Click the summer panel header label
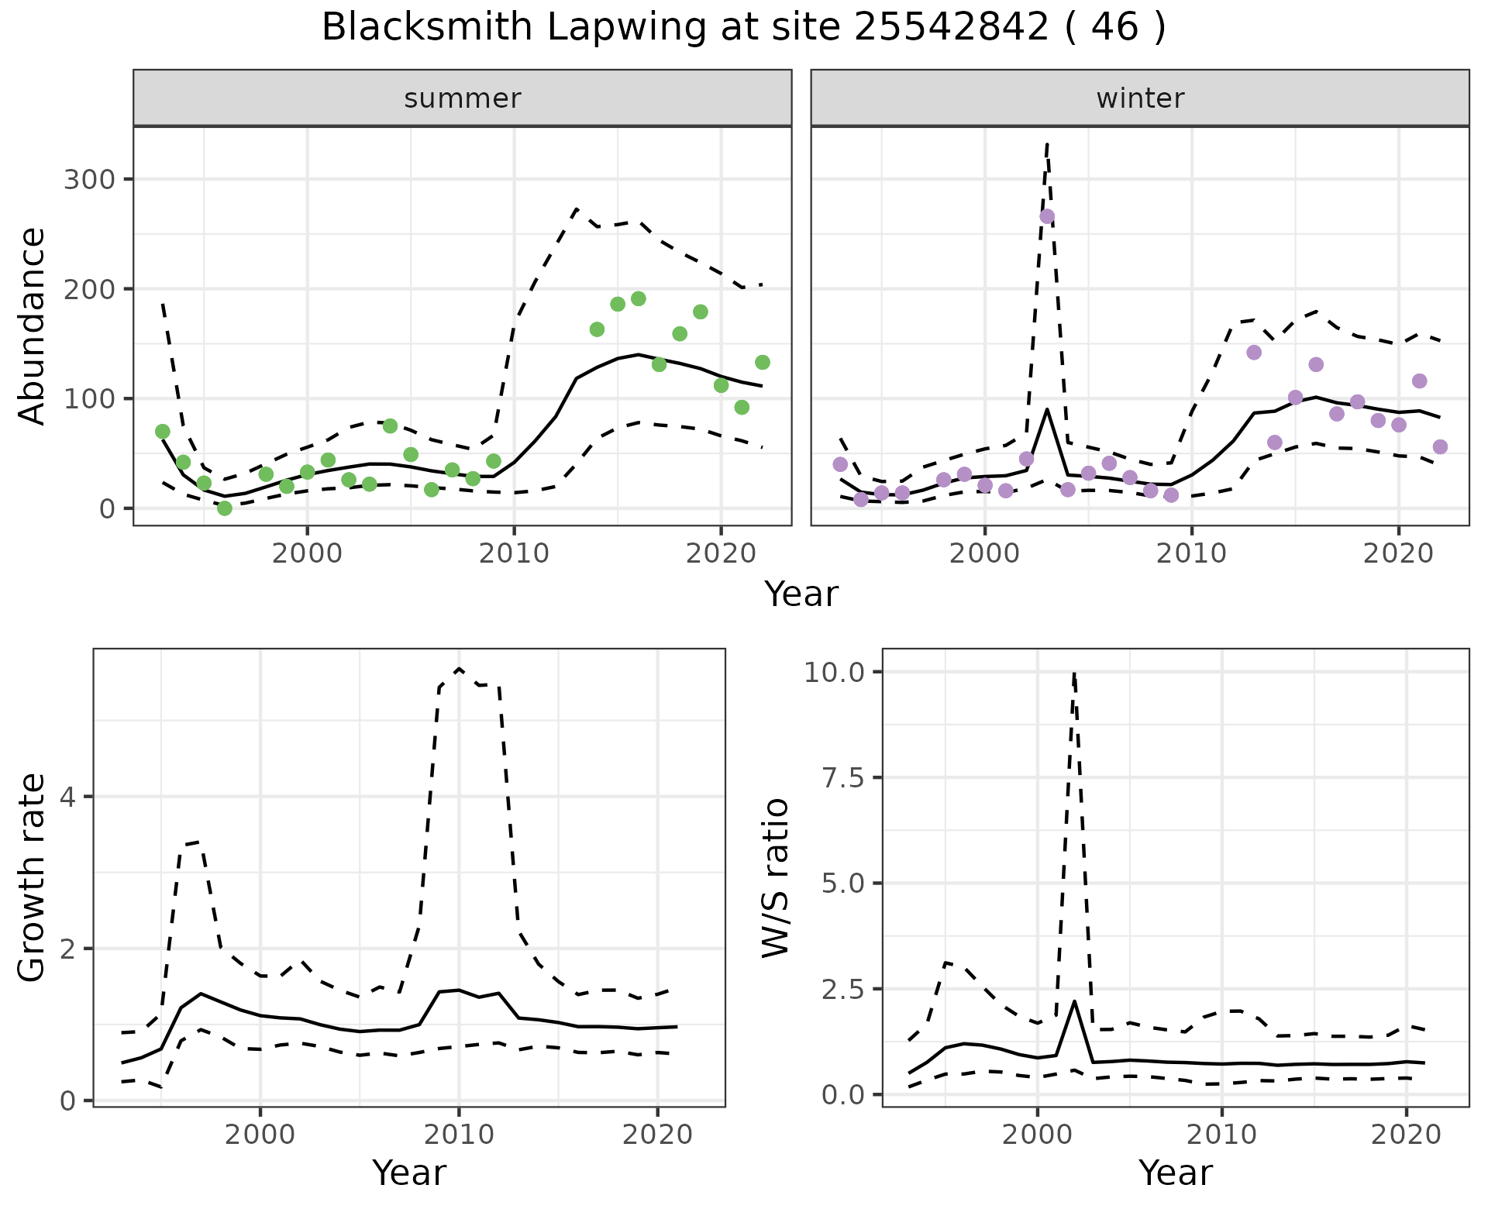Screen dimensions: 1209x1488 [462, 98]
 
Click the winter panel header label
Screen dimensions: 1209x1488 [1139, 98]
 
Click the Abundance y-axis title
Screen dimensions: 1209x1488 [33, 326]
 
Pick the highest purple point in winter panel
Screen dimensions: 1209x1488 [1047, 216]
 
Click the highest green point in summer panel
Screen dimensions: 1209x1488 [639, 299]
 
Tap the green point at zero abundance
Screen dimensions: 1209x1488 [225, 508]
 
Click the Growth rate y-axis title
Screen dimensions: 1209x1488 [33, 878]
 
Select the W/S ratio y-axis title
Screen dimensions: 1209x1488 [775, 878]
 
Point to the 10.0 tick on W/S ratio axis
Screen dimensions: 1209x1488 [834, 672]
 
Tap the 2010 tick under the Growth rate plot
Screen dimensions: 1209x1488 [459, 1135]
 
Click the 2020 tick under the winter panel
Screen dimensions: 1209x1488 [1398, 554]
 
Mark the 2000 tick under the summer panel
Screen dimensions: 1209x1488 [307, 554]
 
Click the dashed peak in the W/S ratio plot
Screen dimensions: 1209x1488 [1074, 673]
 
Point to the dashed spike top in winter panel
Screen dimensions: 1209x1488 [1047, 143]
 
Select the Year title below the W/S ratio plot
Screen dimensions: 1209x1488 [1175, 1173]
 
